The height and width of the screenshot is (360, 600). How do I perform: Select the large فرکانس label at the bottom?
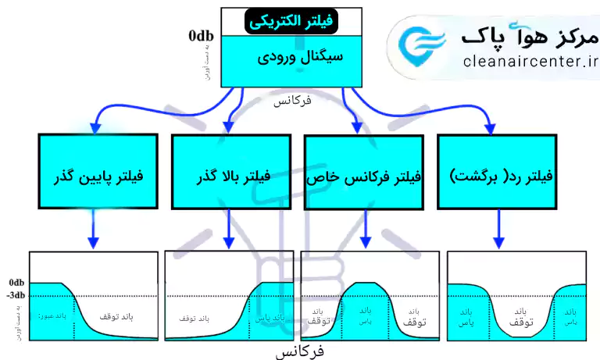click(x=299, y=351)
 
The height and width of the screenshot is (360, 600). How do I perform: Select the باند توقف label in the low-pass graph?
click(x=117, y=316)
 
